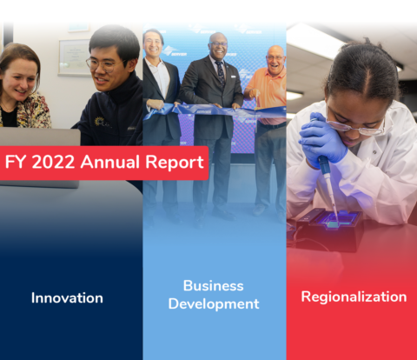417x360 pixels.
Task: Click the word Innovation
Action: coord(67,298)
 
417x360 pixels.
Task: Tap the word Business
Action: coord(214,286)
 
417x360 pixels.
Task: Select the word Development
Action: coord(214,304)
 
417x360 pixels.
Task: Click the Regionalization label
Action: coord(354,297)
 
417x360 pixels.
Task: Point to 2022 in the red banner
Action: coord(53,162)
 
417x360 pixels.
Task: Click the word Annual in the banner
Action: coord(110,162)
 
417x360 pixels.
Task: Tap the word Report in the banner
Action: coord(175,163)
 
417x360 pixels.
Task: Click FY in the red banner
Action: coord(16,162)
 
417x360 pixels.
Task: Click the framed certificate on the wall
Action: coord(75,57)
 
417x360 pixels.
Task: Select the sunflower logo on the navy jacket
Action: coord(99,121)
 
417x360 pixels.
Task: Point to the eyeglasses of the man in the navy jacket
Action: coord(105,65)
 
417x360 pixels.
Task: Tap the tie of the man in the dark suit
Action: coord(221,72)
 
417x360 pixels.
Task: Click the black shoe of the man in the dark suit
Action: coord(225,215)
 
